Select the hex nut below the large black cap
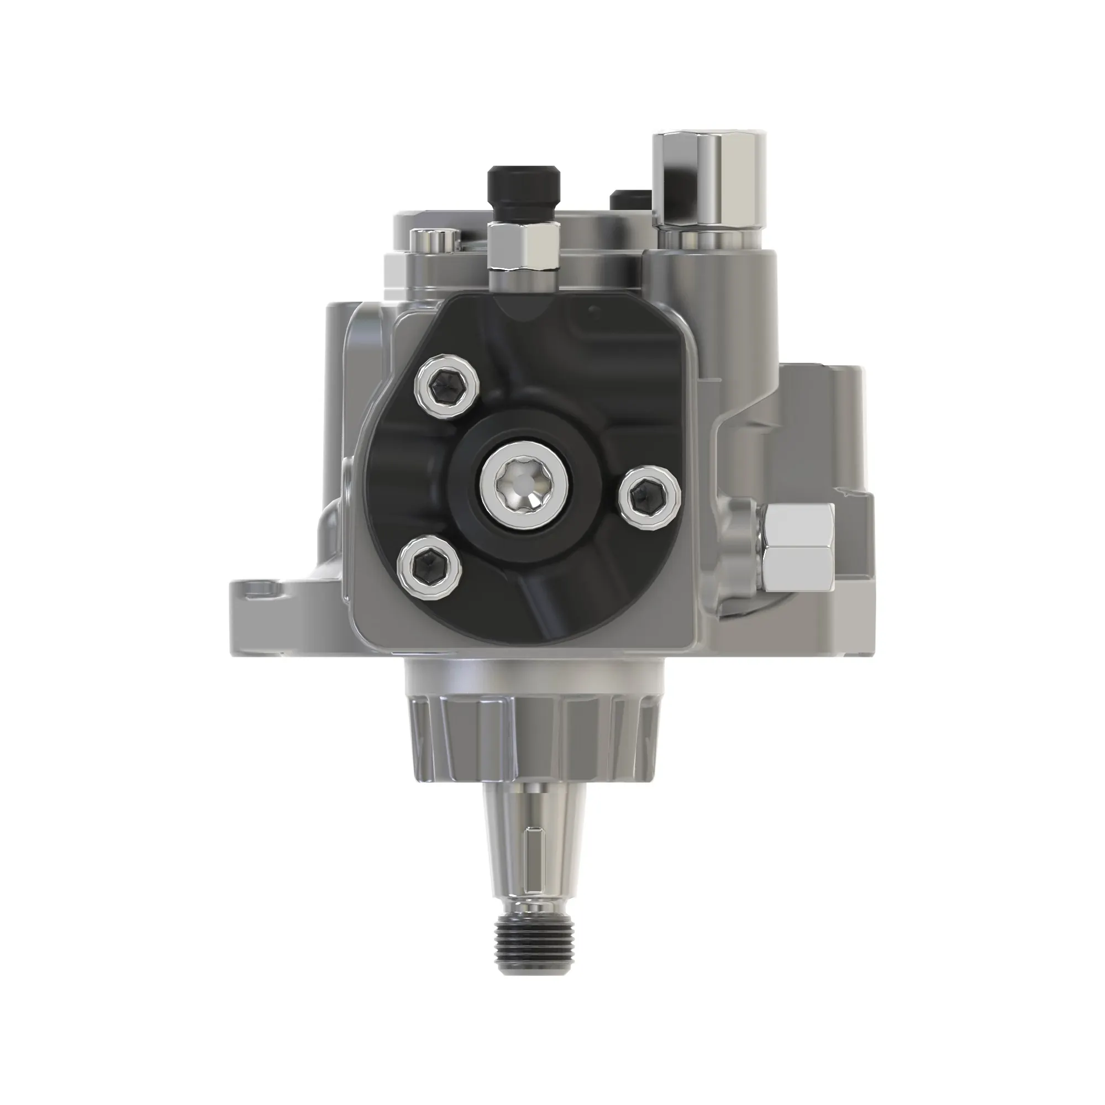(x=523, y=246)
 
